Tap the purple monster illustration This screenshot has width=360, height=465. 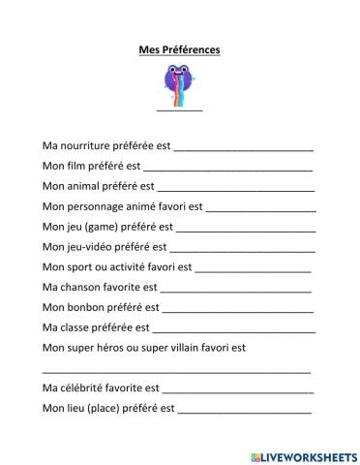(x=179, y=81)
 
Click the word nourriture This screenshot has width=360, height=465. (x=84, y=145)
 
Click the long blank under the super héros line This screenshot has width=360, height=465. (x=177, y=371)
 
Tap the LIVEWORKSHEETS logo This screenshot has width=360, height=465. (x=304, y=454)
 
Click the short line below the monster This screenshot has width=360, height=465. (x=179, y=111)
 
